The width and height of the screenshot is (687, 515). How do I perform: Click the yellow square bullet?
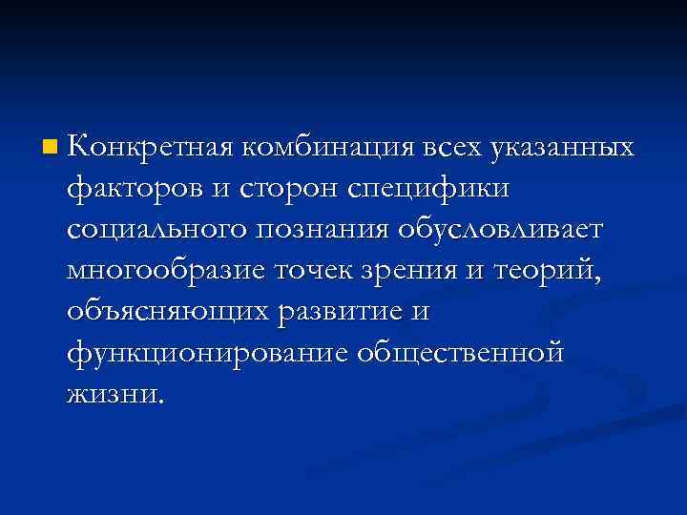[x=50, y=148]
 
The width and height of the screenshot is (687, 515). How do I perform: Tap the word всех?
[x=452, y=149]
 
